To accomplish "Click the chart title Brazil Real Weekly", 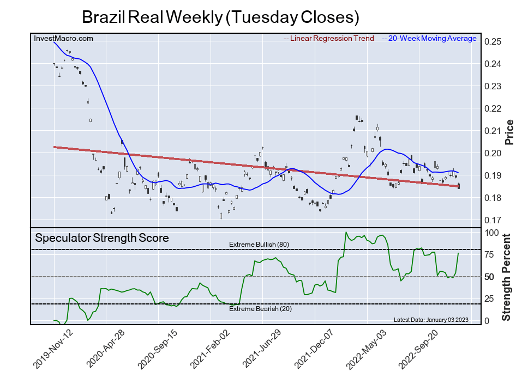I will click(220, 17).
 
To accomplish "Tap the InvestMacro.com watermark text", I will click(63, 38).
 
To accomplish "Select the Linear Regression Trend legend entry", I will click(329, 39).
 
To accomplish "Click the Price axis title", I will click(509, 131).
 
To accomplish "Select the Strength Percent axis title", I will click(507, 277).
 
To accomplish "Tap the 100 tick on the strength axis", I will click(493, 233).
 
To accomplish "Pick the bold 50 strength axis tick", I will click(490, 277).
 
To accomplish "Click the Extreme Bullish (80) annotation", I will click(259, 245).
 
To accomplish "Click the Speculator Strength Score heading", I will click(102, 237).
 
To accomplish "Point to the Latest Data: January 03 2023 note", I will click(430, 320).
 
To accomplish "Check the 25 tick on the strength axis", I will click(490, 299).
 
